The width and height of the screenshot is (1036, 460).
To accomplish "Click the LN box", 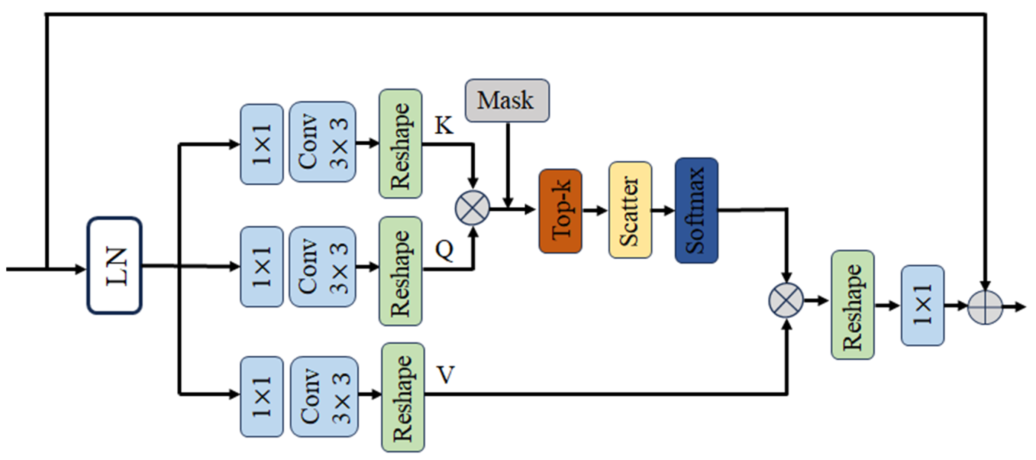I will [x=114, y=265].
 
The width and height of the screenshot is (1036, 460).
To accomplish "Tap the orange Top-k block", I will [x=560, y=211].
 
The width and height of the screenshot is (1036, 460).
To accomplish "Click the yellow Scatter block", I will [x=630, y=210].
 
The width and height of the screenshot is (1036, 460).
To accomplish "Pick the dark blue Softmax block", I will [x=696, y=210].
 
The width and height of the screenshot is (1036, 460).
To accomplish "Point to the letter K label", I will [x=443, y=125].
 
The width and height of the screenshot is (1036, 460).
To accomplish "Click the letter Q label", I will [x=444, y=250].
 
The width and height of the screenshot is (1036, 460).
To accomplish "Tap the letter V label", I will [x=445, y=375].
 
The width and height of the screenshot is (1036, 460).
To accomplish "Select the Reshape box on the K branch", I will [x=400, y=143].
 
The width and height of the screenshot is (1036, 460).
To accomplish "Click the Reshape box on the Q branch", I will [x=400, y=271].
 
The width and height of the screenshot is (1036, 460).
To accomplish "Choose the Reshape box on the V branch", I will [x=403, y=397].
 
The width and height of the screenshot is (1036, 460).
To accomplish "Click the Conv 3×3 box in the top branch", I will [x=322, y=142].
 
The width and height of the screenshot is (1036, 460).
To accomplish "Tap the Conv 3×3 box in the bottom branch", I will [x=324, y=396].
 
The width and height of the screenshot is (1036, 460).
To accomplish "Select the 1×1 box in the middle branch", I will [x=261, y=266].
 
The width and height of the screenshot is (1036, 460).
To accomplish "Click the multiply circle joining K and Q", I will [x=472, y=208].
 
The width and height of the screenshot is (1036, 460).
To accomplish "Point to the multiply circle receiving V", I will [x=786, y=300].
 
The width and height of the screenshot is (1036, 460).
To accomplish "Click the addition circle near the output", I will [x=985, y=307].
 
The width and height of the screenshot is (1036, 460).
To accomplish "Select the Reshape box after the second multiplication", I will [x=852, y=305].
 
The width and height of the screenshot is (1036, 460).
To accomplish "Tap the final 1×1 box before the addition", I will [x=922, y=305].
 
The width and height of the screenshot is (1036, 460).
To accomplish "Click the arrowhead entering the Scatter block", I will [x=603, y=210].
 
